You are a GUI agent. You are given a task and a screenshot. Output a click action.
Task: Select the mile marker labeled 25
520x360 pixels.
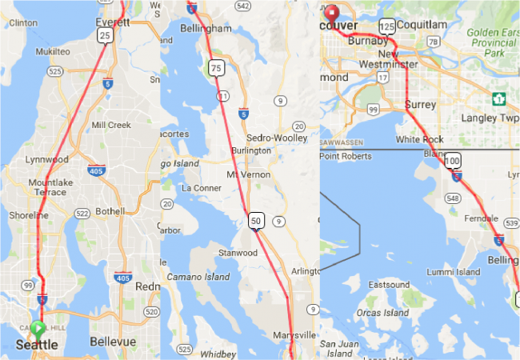click(x=104, y=36)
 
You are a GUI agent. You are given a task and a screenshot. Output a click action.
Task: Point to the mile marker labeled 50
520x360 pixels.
click(x=256, y=220)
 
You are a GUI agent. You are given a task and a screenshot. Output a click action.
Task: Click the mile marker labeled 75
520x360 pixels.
click(x=216, y=69)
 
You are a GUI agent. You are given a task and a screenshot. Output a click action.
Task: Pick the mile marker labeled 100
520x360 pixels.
click(x=453, y=161)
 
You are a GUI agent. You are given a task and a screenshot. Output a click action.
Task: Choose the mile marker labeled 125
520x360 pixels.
click(x=388, y=26)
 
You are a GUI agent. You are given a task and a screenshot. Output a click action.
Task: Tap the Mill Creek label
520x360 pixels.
click(x=110, y=126)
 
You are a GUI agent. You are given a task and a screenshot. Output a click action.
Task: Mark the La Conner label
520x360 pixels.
click(x=200, y=189)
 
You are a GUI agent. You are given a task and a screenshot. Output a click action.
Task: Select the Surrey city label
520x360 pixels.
click(x=420, y=105)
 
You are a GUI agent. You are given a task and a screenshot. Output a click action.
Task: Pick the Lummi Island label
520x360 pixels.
click(x=454, y=272)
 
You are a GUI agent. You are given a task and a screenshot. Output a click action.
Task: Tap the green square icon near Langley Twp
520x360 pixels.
click(x=499, y=99)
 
